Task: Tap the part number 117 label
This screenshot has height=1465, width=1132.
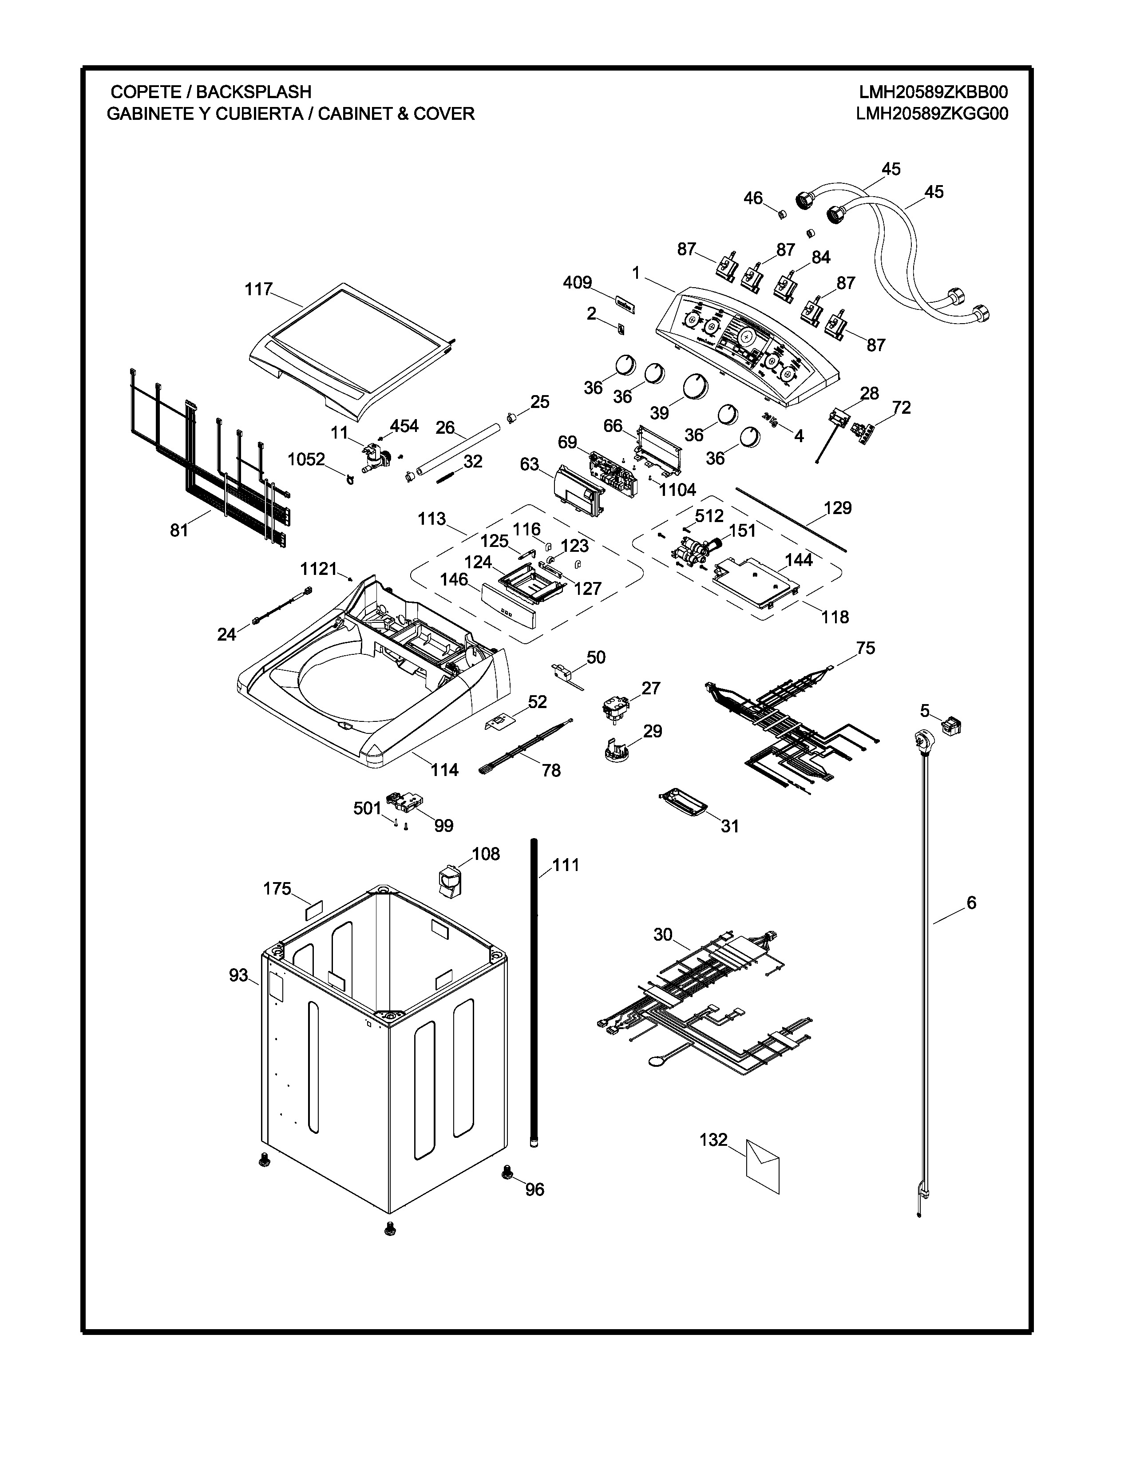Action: [x=258, y=289]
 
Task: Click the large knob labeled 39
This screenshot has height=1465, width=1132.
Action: [x=696, y=387]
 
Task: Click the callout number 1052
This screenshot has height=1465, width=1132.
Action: [x=306, y=459]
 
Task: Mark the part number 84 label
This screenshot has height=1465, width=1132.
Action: [x=821, y=257]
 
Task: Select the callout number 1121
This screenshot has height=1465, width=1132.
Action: [x=319, y=569]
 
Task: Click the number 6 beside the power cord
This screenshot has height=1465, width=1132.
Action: [x=971, y=903]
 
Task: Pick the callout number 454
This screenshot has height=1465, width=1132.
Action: [x=404, y=426]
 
